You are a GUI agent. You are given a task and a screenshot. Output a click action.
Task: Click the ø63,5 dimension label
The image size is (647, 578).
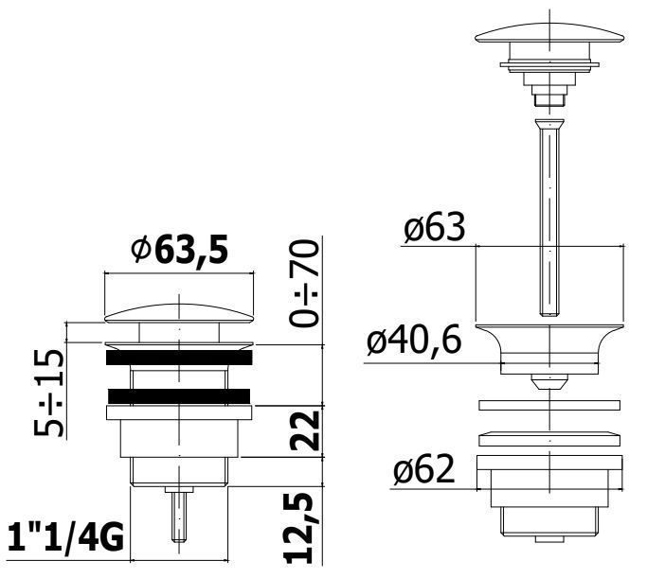point(181,251)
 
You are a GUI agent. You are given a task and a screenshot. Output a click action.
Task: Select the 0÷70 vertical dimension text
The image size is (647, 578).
point(305,283)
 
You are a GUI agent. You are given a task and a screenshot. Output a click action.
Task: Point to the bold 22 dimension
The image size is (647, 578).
point(305,431)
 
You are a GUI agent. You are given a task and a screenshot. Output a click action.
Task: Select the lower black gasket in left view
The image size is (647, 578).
point(180,395)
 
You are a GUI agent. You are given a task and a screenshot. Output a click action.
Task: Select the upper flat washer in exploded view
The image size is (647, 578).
point(549,406)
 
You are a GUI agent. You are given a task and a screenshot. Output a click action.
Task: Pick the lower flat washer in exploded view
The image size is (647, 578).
point(549,440)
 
